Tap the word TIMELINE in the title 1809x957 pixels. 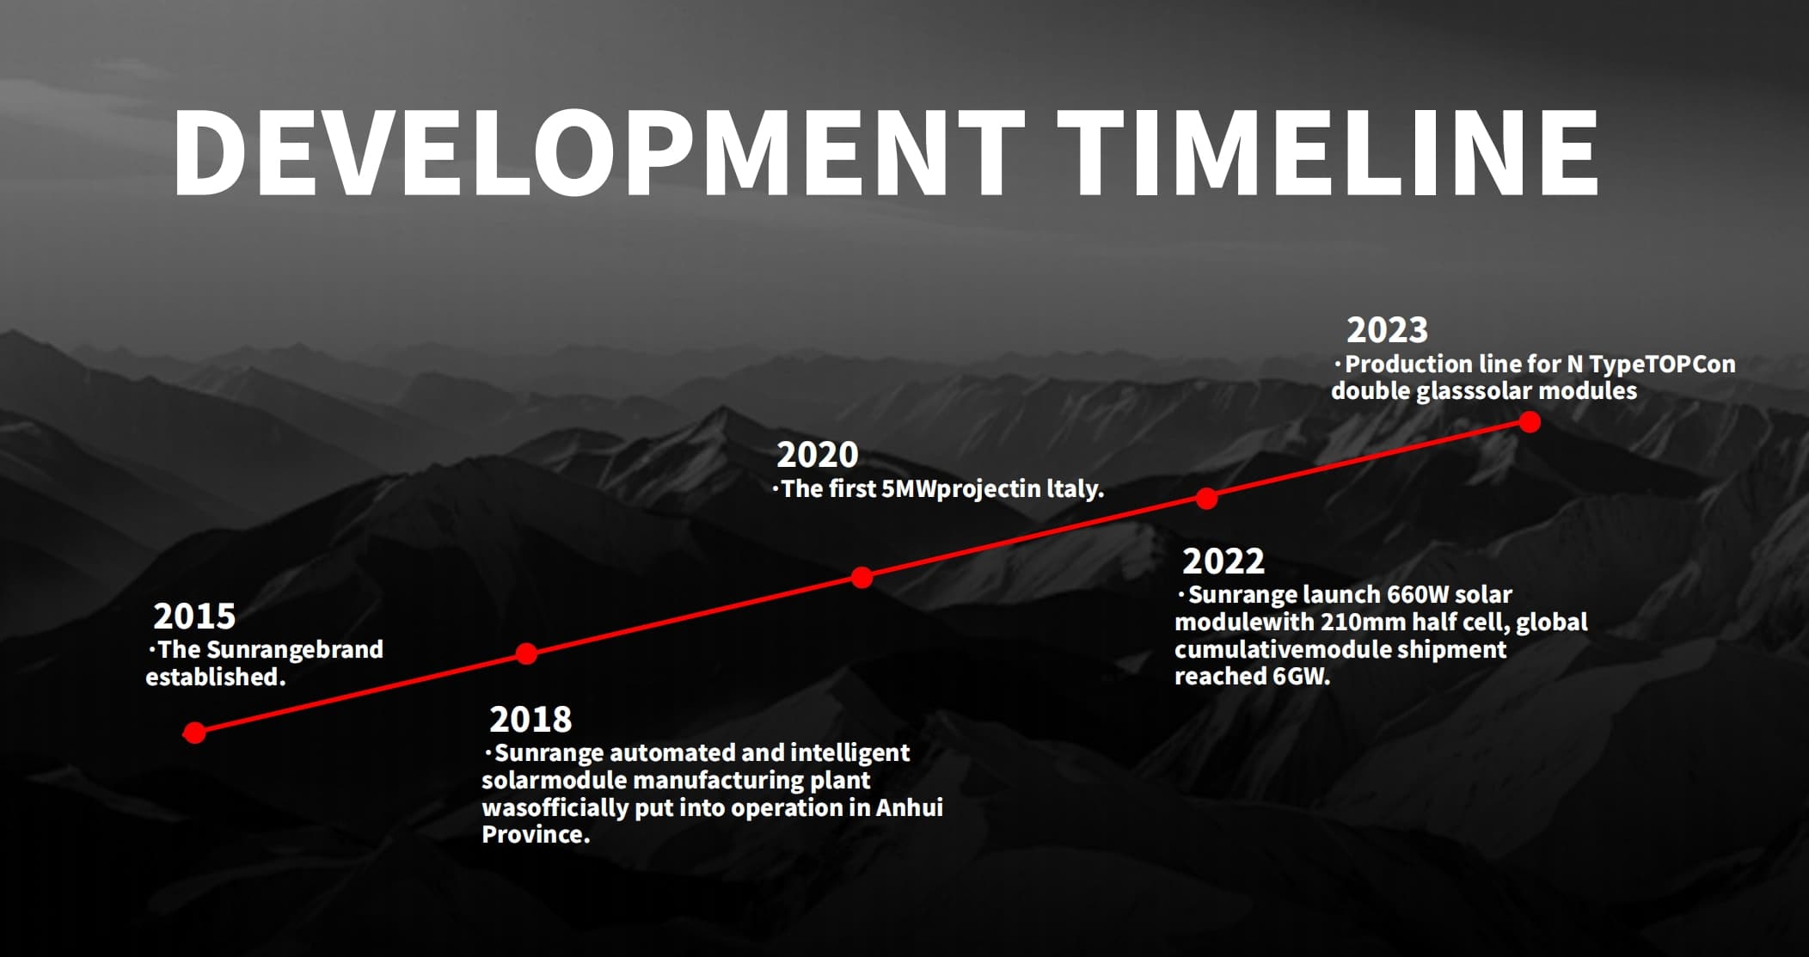coord(1328,152)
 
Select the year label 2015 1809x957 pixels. coord(194,616)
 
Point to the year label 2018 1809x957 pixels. coord(530,719)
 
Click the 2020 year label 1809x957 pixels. coord(818,455)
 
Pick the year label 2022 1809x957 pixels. coord(1223,561)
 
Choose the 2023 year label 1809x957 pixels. coord(1387,330)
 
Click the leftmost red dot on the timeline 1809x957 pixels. coord(195,733)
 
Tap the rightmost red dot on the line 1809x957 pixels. coord(1530,422)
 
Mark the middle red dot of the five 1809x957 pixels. coord(862,578)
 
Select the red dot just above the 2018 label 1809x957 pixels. coord(526,654)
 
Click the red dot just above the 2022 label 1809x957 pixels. coord(1207,499)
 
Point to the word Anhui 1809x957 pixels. coord(909,807)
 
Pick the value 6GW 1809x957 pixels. coord(1301,677)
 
